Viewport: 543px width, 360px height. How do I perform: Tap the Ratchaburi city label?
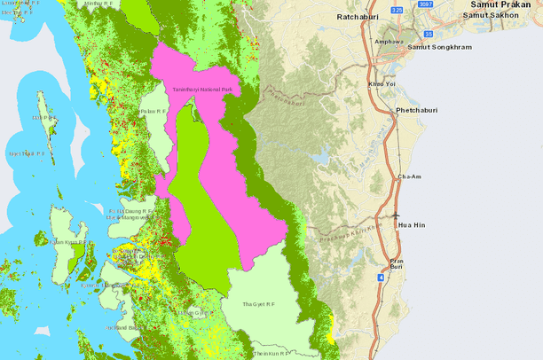360,17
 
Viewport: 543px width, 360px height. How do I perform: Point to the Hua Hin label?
413,225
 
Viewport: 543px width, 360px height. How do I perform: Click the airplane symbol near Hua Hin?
395,215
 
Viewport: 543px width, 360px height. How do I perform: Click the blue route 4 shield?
381,278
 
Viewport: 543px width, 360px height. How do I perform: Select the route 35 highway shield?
428,34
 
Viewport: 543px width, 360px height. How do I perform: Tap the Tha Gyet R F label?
258,304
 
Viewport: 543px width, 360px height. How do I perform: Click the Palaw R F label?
153,111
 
